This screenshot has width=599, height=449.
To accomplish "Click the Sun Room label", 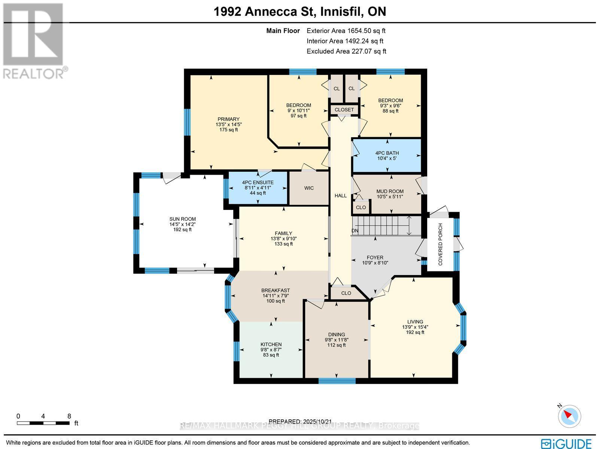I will (x=182, y=219).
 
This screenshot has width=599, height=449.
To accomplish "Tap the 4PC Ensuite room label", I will (x=258, y=183).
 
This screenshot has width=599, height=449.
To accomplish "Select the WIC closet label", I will (x=309, y=188).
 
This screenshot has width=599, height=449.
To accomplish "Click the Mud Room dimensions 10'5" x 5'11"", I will (x=390, y=196).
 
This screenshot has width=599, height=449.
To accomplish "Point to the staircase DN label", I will (x=355, y=231).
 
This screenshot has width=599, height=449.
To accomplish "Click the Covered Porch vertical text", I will (x=440, y=244).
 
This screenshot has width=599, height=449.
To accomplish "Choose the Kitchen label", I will (x=271, y=344).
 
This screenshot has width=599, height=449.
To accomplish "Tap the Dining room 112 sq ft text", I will (x=336, y=345).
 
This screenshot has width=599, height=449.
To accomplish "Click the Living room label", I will (x=415, y=322).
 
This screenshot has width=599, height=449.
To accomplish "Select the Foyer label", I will (x=375, y=257).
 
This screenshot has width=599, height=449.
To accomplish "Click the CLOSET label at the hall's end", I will (x=344, y=110).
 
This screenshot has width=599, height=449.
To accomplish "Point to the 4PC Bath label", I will (x=387, y=153).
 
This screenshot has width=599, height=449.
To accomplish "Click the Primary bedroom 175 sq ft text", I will (x=228, y=130).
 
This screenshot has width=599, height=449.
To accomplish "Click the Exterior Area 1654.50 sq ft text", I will (x=346, y=31).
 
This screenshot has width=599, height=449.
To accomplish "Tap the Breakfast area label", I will (x=276, y=290).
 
